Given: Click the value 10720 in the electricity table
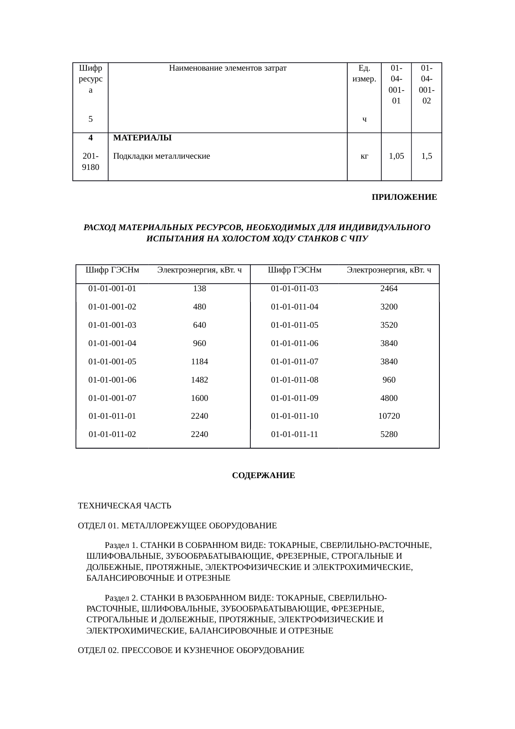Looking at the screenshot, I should pos(389,416).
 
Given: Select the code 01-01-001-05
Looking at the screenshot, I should pos(112,361).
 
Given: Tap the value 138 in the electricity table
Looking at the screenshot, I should pos(199,288).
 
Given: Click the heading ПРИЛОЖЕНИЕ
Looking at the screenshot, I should pos(404,197).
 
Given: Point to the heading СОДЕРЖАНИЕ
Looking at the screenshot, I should pos(263,475).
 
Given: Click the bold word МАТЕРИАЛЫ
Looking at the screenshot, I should pos(142,137).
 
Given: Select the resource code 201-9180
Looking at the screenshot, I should pos(91,162).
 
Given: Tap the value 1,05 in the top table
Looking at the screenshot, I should pos(396,156).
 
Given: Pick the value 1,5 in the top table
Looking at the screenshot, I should pos(426,156).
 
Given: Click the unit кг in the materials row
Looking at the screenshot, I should pos(364,156).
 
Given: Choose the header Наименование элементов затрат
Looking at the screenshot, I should pos(228,68).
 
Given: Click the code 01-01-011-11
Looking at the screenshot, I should pos(294,434).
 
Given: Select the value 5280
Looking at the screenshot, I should pos(389,434).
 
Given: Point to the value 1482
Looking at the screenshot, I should pos(199,380).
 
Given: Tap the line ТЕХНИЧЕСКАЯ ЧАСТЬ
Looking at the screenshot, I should pos(125,506).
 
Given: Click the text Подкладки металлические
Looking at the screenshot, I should pos(162,156).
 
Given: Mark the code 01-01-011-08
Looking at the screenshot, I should pos(294,380).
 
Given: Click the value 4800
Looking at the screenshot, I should pos(389,398).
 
